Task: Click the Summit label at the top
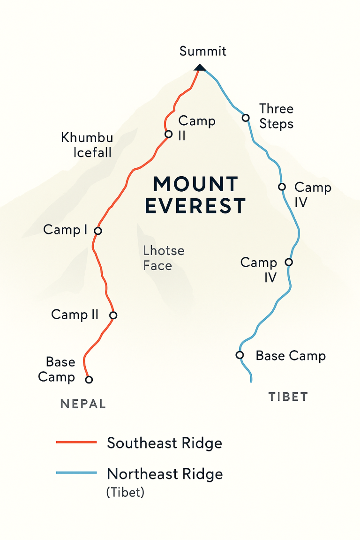coord(202,51)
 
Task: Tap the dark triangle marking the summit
coord(200,67)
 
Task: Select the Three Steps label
coord(276,116)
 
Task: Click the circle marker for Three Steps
coord(246,117)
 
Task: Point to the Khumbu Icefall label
coord(87,145)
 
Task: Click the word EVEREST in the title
coord(195,206)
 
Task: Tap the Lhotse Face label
coord(164,258)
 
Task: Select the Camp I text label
coord(65,230)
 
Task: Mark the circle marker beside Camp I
coord(97,231)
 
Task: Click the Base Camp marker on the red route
coord(89,379)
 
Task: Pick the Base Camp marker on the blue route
coord(240,355)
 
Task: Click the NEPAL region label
coord(83,404)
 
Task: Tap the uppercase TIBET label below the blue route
coord(288,397)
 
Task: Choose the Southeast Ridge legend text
coord(165,443)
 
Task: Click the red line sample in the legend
coord(76,442)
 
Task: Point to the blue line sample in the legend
coord(76,473)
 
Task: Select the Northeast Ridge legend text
coord(165,474)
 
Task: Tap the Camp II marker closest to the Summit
coord(168,134)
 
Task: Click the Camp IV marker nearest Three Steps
coord(282,187)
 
